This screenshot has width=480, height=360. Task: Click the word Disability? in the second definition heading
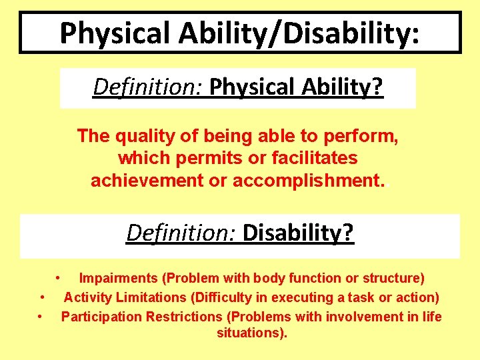[299, 233]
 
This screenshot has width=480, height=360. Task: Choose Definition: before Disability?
[181, 233]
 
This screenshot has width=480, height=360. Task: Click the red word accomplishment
[308, 181]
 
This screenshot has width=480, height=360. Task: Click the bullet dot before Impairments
[59, 277]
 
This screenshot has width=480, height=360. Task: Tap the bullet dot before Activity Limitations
[42, 297]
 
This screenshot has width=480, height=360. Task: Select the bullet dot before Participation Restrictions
[42, 316]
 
